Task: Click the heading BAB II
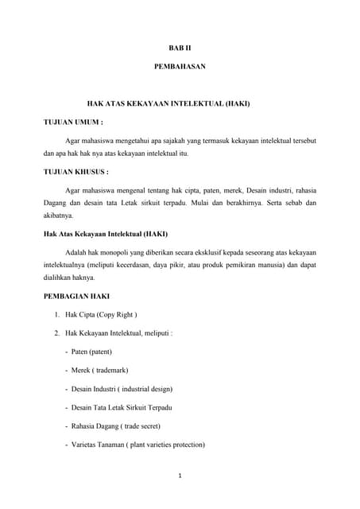180,49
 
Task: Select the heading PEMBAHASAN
180,67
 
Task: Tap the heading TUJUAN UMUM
73,122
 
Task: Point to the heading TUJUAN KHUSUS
75,171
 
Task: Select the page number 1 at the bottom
180,477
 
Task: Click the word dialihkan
59,278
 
